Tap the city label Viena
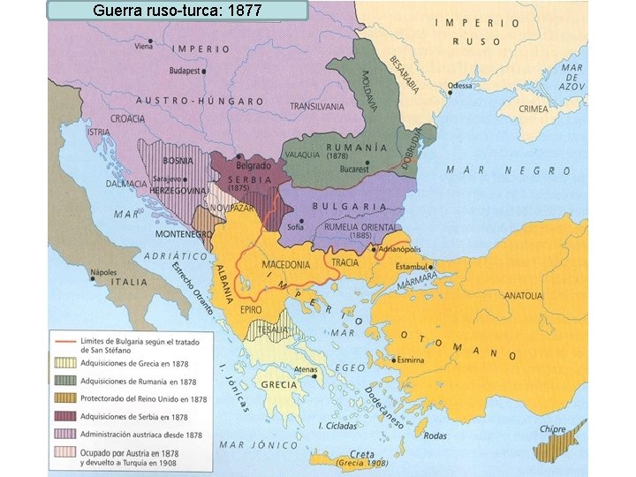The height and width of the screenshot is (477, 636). [x=144, y=47]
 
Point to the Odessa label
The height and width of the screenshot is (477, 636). [x=460, y=86]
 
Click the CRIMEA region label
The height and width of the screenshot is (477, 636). [x=533, y=109]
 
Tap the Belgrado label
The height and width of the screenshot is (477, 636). [x=253, y=166]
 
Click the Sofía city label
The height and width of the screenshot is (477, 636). [x=295, y=225]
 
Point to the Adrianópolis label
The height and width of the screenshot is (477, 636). [x=398, y=249]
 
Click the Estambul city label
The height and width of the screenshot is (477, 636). [x=411, y=266]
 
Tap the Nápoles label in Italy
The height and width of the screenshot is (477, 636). [x=103, y=273]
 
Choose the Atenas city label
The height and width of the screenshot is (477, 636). [x=306, y=369]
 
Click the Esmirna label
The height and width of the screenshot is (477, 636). [x=411, y=360]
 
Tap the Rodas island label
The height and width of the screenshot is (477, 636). [x=435, y=435]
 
